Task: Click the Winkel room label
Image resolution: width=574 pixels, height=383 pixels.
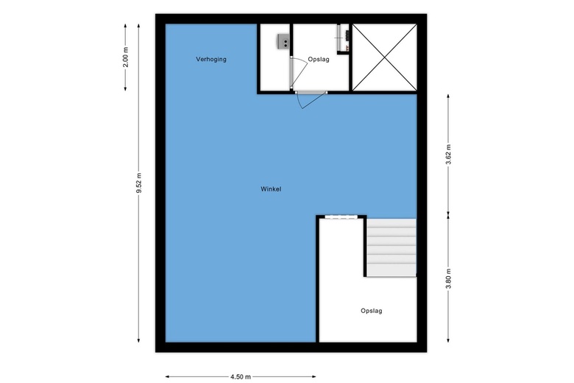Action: [271, 189]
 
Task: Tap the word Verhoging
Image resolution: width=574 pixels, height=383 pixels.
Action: [211, 59]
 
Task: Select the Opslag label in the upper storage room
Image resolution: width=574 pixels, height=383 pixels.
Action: [318, 59]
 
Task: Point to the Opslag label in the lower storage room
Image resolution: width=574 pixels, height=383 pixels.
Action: [372, 311]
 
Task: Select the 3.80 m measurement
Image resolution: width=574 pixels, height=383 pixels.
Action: [449, 280]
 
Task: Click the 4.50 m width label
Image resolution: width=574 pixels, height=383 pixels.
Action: [240, 376]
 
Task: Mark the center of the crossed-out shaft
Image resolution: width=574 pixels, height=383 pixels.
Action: [383, 57]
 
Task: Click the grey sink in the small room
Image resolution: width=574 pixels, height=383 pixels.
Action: [283, 42]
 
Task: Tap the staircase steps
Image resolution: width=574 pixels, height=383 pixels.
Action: [391, 247]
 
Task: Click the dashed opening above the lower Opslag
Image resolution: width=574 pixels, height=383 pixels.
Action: [341, 217]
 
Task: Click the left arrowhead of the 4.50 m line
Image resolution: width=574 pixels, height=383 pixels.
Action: [167, 376]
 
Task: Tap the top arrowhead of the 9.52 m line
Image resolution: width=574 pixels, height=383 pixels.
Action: [139, 25]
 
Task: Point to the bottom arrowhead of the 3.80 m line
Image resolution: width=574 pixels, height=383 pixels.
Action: [449, 340]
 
